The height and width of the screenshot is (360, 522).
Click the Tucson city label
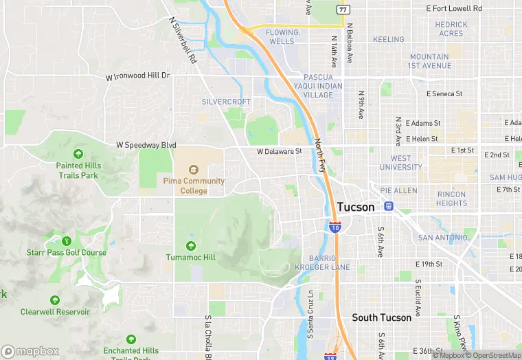coord(356,207)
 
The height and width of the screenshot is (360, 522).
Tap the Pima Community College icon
coord(194,169)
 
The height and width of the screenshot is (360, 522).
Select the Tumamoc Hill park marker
coord(190,245)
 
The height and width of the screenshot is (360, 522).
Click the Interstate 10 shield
coord(334,227)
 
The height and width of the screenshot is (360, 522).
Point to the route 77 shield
coord(341,9)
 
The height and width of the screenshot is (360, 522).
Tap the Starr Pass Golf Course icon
coord(67,240)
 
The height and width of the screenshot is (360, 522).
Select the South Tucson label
coord(381,317)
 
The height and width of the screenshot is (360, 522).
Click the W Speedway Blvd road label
coord(146,146)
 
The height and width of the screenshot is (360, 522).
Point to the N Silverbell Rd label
coord(183,41)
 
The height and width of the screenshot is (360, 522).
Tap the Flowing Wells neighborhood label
coord(282,36)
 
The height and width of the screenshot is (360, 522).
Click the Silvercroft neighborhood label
coord(226,102)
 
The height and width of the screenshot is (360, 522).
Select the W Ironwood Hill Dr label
coord(138,76)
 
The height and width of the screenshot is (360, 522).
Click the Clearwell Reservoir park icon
coord(55,300)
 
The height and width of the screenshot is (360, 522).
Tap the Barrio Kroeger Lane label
coord(322,262)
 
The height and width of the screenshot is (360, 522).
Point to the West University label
coord(401,162)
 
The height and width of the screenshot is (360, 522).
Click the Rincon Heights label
coord(451,199)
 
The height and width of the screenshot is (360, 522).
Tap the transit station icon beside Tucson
coord(389,206)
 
